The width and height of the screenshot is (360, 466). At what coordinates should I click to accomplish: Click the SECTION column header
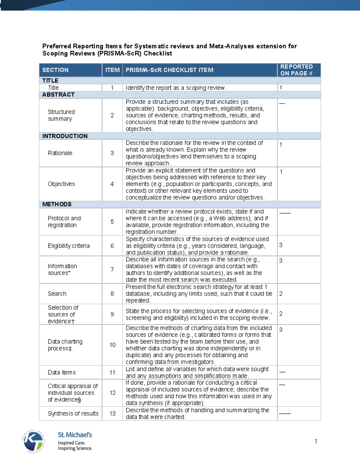(x=55, y=70)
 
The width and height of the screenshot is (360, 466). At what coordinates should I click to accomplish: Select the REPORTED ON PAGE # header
(x=296, y=70)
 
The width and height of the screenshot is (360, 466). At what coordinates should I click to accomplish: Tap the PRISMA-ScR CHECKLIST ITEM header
(x=169, y=70)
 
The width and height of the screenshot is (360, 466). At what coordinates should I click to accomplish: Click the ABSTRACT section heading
(x=58, y=95)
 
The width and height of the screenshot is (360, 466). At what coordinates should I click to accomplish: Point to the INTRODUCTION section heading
(x=65, y=136)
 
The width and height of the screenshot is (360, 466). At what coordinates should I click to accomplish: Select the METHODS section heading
(x=57, y=204)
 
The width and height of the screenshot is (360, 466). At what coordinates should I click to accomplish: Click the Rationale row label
(x=60, y=153)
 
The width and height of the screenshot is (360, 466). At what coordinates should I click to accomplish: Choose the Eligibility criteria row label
(x=69, y=246)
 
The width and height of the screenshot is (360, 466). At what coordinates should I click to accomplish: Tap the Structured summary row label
(x=61, y=115)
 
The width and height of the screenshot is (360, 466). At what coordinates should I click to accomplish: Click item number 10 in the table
(x=112, y=345)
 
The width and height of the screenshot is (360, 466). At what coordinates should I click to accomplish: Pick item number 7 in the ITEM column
(x=112, y=269)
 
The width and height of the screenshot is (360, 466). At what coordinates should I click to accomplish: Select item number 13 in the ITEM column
(x=112, y=414)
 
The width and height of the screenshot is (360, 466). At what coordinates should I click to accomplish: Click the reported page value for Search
(x=281, y=294)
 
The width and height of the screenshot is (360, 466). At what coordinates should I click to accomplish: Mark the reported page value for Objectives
(x=281, y=172)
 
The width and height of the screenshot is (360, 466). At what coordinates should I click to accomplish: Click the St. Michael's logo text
(x=75, y=435)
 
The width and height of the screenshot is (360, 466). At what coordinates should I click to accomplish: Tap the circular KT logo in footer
(x=33, y=441)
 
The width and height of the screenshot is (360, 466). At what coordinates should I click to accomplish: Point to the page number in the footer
(x=316, y=441)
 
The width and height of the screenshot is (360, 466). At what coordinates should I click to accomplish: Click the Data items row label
(x=62, y=373)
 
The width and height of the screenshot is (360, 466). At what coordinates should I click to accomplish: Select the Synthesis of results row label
(x=73, y=414)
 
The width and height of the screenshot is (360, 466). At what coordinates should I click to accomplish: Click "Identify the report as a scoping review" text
(x=176, y=88)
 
